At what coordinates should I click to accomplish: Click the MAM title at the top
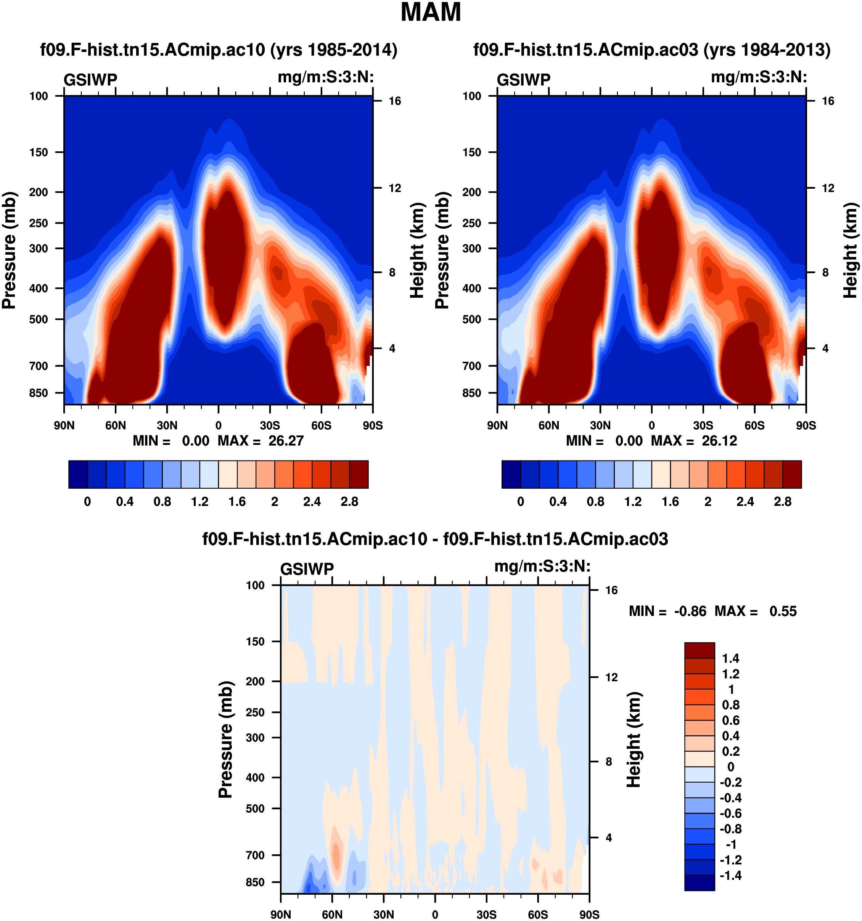click(431, 13)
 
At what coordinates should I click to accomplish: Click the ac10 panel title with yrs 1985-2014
click(219, 50)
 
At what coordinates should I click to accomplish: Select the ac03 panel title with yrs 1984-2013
click(651, 50)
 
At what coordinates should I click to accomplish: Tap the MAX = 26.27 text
click(261, 441)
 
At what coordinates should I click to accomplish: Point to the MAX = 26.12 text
click(694, 441)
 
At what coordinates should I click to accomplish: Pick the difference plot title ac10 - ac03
click(435, 539)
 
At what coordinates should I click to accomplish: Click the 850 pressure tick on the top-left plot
click(39, 393)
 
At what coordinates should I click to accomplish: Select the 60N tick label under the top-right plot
click(549, 425)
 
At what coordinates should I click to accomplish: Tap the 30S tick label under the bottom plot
click(487, 915)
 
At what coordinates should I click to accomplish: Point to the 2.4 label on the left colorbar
click(312, 502)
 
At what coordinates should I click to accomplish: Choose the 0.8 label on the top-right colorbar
click(595, 502)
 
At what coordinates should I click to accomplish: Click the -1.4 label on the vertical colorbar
click(730, 875)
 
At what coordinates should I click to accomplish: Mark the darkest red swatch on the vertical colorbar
click(700, 650)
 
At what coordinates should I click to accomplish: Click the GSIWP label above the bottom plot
click(307, 569)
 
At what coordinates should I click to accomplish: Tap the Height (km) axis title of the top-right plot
click(850, 250)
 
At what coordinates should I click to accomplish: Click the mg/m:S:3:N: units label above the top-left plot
click(326, 77)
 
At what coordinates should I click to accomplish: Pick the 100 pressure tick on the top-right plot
click(472, 96)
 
